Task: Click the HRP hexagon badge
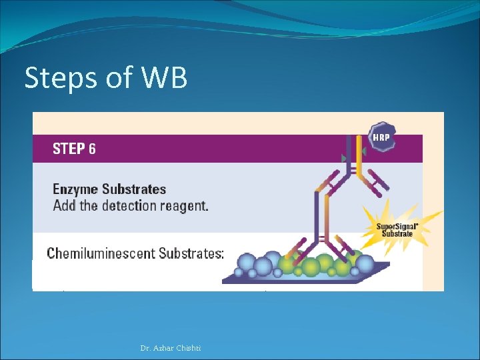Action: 381,136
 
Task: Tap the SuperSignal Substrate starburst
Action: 395,229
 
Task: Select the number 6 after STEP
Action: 91,149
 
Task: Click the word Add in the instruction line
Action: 64,205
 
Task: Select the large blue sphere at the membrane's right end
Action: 364,264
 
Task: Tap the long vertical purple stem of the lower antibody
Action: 319,220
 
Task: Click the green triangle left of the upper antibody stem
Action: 343,159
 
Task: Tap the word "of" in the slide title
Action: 119,79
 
